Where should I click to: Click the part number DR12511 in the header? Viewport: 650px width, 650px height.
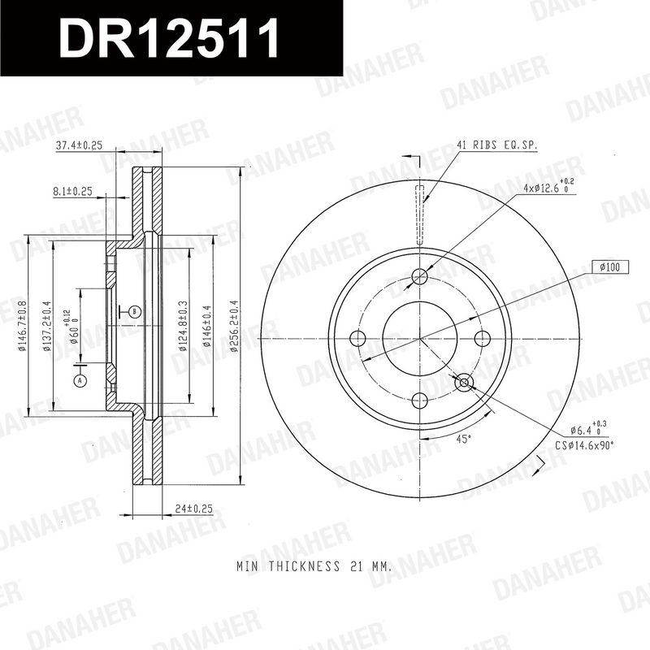tap(169, 38)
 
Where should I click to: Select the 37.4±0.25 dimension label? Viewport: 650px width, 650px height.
tap(79, 145)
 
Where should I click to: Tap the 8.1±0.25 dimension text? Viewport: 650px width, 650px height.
tap(72, 192)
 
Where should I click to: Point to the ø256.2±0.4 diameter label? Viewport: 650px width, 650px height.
tap(234, 327)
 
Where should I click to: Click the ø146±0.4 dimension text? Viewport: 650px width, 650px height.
tap(206, 327)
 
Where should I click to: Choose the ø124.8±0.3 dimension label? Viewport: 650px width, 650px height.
tap(183, 327)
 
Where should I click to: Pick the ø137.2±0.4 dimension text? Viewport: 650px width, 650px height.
tap(47, 327)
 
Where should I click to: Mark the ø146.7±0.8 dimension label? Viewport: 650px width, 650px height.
tap(23, 327)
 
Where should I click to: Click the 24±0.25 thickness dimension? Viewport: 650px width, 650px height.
tap(193, 509)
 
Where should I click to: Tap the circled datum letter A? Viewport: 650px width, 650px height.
tap(80, 380)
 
